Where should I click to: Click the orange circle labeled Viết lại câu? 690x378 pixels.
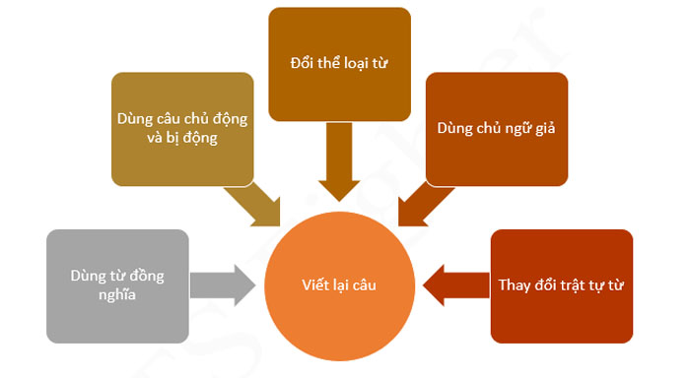339,285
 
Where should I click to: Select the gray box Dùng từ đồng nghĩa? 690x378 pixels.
117,286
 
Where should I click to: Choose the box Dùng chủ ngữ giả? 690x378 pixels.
497,128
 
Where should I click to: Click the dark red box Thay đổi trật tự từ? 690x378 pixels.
561,286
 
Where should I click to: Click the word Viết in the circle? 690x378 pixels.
313,285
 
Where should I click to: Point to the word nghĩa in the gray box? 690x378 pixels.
117,296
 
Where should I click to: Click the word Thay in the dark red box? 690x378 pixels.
517,286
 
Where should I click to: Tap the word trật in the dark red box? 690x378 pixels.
581,286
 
